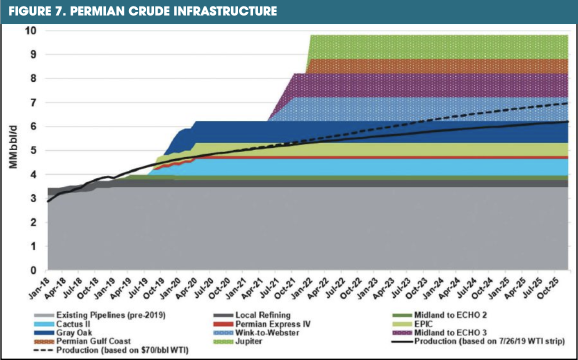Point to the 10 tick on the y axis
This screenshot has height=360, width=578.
31,30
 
